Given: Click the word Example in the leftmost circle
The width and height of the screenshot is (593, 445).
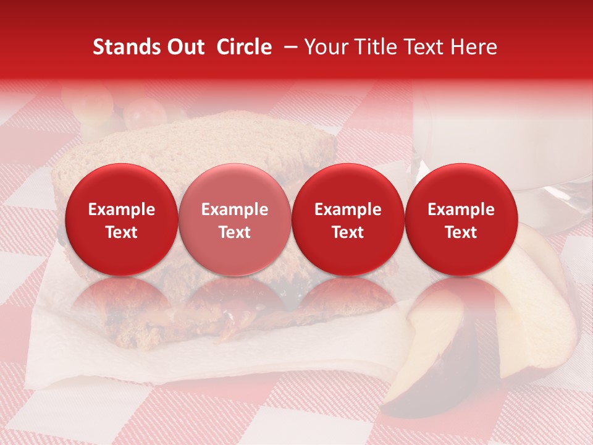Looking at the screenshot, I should click(122, 210).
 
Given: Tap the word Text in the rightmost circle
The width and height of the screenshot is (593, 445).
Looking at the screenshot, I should click(461, 232).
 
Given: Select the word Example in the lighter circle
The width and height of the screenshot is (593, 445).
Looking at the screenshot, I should click(235, 210).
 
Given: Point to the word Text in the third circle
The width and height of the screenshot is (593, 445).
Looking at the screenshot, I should click(348, 232).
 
